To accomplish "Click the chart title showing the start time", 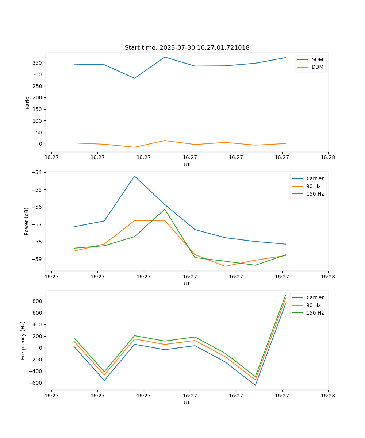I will coord(187,48).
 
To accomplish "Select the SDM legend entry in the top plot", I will coord(317,59).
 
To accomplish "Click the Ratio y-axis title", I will coord(28,103).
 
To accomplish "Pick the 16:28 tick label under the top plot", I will coord(328,158).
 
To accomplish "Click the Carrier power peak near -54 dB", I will coord(134,176).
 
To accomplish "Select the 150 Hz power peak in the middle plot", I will coord(165,209).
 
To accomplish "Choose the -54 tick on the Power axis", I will coord(37,172).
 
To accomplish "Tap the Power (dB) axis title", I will coord(27,221).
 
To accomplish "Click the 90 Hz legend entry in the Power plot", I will coord(313,187).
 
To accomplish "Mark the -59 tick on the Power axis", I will coord(37,259).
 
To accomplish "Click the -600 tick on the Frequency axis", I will coord(36,383).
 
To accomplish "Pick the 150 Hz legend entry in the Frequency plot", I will coord(315,313).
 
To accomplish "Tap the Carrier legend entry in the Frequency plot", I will coord(315,297).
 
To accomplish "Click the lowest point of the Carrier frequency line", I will coord(255,385).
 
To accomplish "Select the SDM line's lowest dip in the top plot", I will coord(134,78).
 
